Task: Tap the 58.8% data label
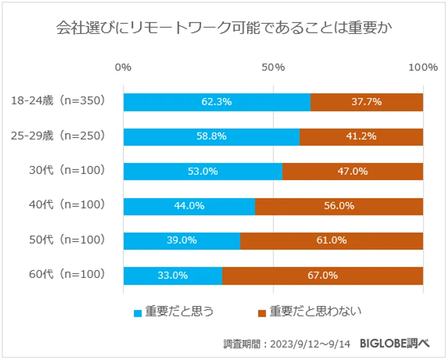211,136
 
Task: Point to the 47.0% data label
352,171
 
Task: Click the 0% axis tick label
123,67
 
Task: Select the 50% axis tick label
274,67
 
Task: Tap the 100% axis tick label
423,67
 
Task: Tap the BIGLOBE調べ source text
394,343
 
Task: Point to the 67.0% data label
323,276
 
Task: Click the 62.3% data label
217,102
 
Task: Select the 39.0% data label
181,241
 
